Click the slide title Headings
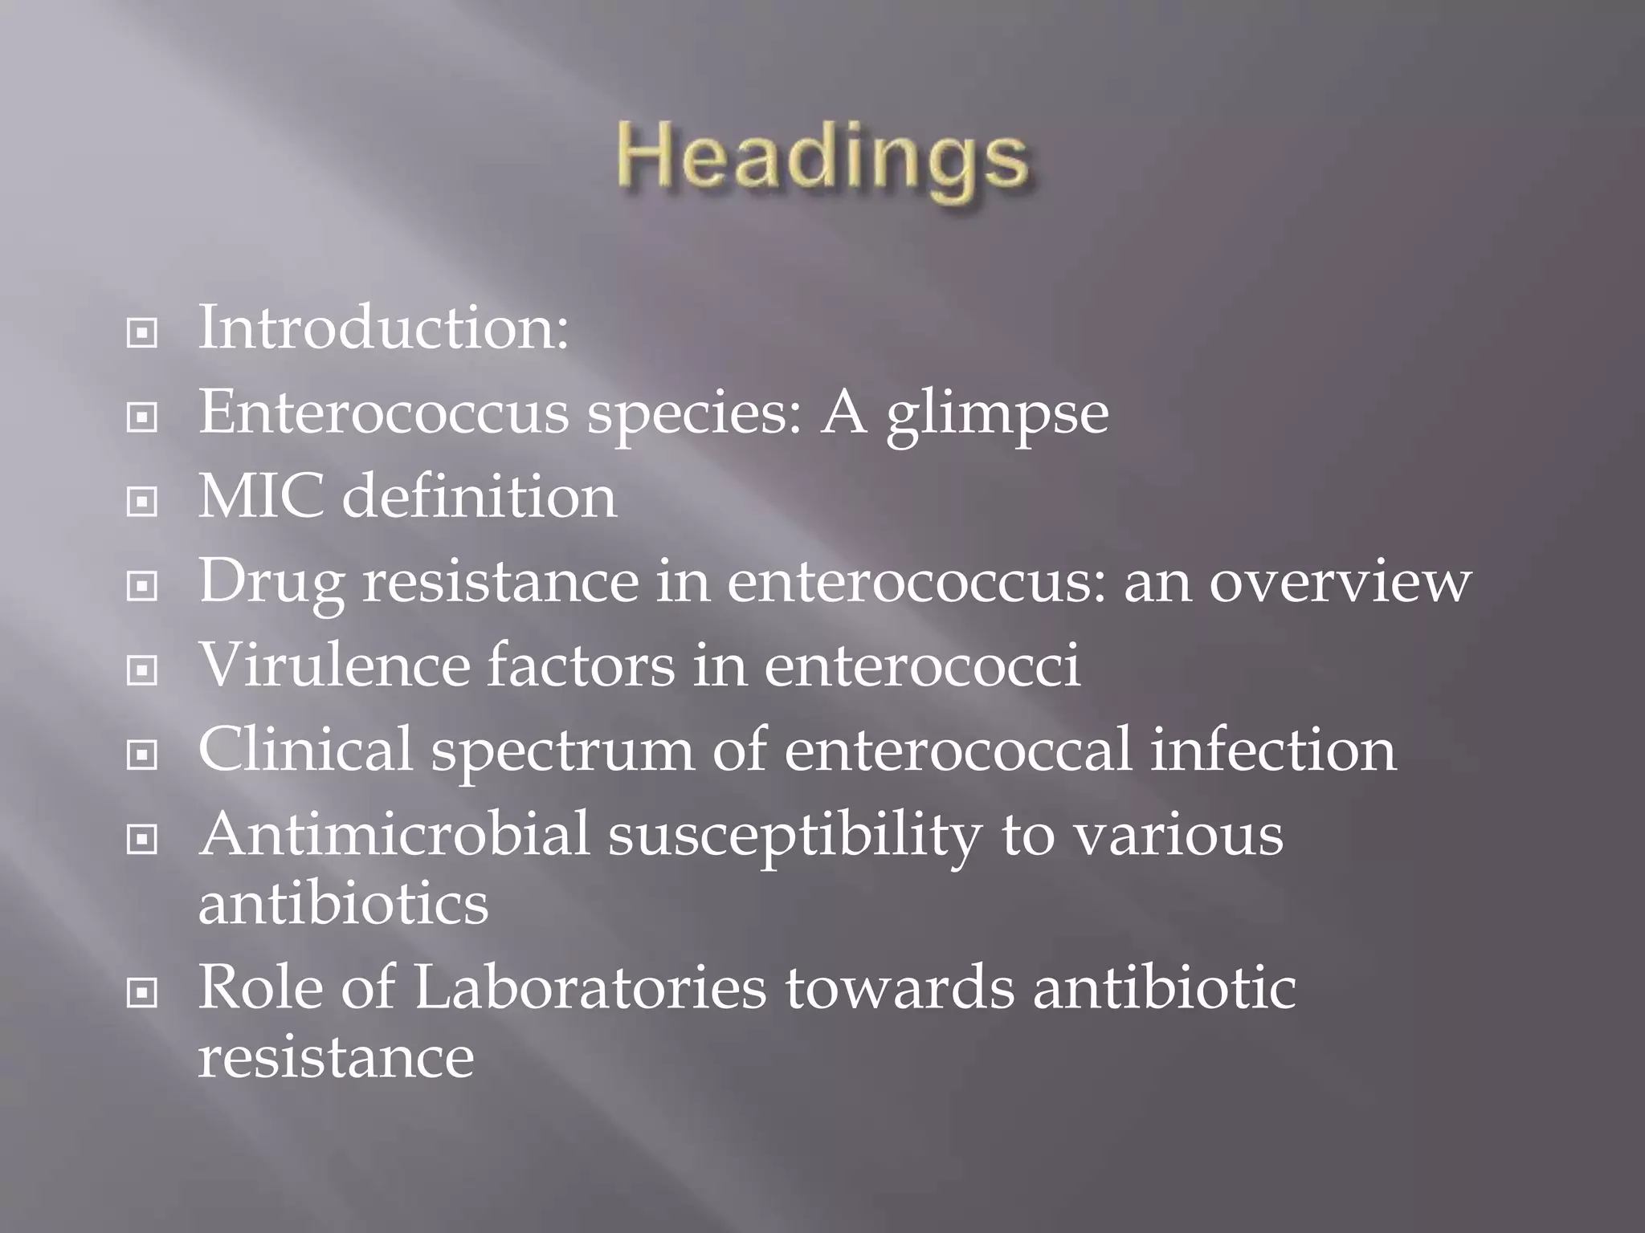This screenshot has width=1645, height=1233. (822, 159)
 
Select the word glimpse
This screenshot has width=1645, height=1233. (997, 414)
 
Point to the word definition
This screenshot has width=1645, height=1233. (480, 497)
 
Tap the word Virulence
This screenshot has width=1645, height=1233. (333, 665)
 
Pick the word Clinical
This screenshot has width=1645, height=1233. (305, 750)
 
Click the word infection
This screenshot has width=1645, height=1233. (1273, 750)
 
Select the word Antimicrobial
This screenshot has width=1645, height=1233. (394, 835)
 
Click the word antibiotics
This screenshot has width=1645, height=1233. (343, 904)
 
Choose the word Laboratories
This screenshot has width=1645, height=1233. (590, 988)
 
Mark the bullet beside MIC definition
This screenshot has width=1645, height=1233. (142, 503)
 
